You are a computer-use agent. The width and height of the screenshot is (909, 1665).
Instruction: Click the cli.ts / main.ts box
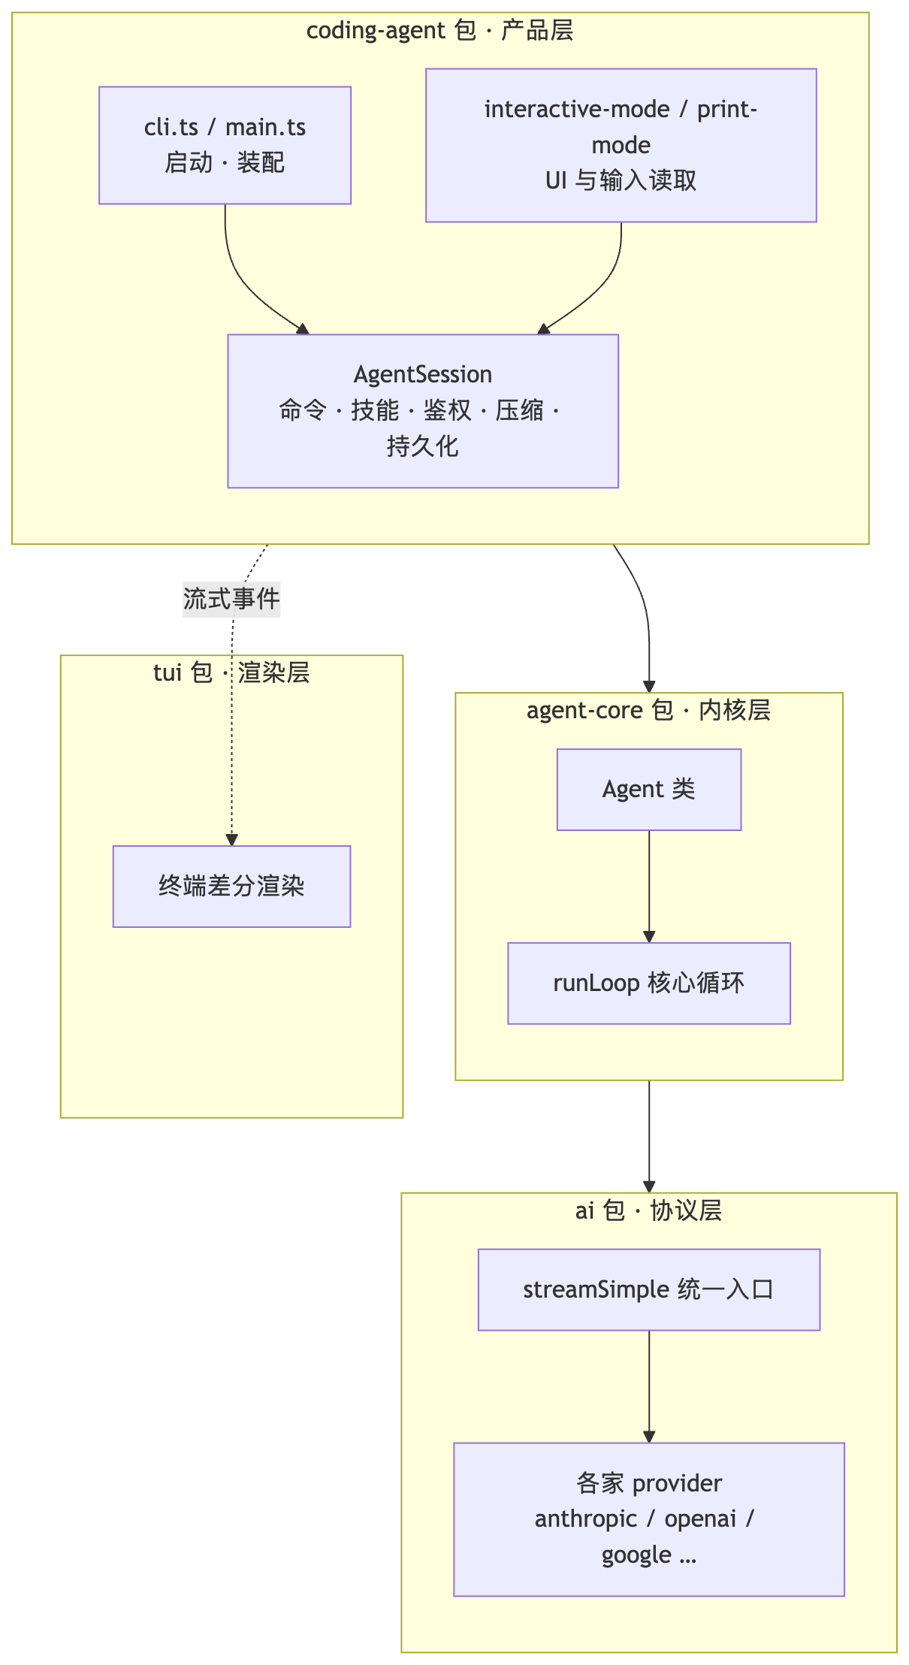[225, 145]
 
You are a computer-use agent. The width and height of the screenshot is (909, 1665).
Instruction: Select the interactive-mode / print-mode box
[621, 145]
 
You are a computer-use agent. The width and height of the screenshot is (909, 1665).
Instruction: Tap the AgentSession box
[423, 411]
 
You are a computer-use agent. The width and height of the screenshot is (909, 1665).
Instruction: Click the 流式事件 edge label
[231, 599]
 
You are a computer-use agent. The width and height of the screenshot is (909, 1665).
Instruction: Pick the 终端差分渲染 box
[231, 887]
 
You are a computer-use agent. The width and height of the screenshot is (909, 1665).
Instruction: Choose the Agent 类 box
[649, 790]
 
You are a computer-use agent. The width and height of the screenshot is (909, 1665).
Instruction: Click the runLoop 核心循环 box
[649, 984]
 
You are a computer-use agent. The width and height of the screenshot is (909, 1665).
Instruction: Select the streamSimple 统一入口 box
[649, 1289]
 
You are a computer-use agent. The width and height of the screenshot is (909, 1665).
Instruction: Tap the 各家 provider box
[649, 1519]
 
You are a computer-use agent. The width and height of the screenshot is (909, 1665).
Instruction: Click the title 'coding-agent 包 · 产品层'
[440, 31]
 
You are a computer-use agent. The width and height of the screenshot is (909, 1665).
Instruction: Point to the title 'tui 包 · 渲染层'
[231, 672]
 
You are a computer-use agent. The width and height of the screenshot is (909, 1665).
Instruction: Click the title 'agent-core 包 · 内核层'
[649, 710]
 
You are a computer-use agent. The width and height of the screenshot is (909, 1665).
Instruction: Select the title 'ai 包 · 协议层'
[649, 1210]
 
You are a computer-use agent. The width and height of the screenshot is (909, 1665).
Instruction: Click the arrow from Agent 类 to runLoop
[649, 887]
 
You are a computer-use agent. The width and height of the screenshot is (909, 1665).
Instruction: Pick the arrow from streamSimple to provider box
[649, 1386]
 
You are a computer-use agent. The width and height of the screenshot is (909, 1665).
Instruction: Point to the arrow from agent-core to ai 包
[649, 1137]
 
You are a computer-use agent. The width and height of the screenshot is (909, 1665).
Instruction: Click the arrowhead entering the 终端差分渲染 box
[231, 840]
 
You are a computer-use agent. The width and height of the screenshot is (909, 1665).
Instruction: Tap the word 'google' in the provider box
[636, 1556]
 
